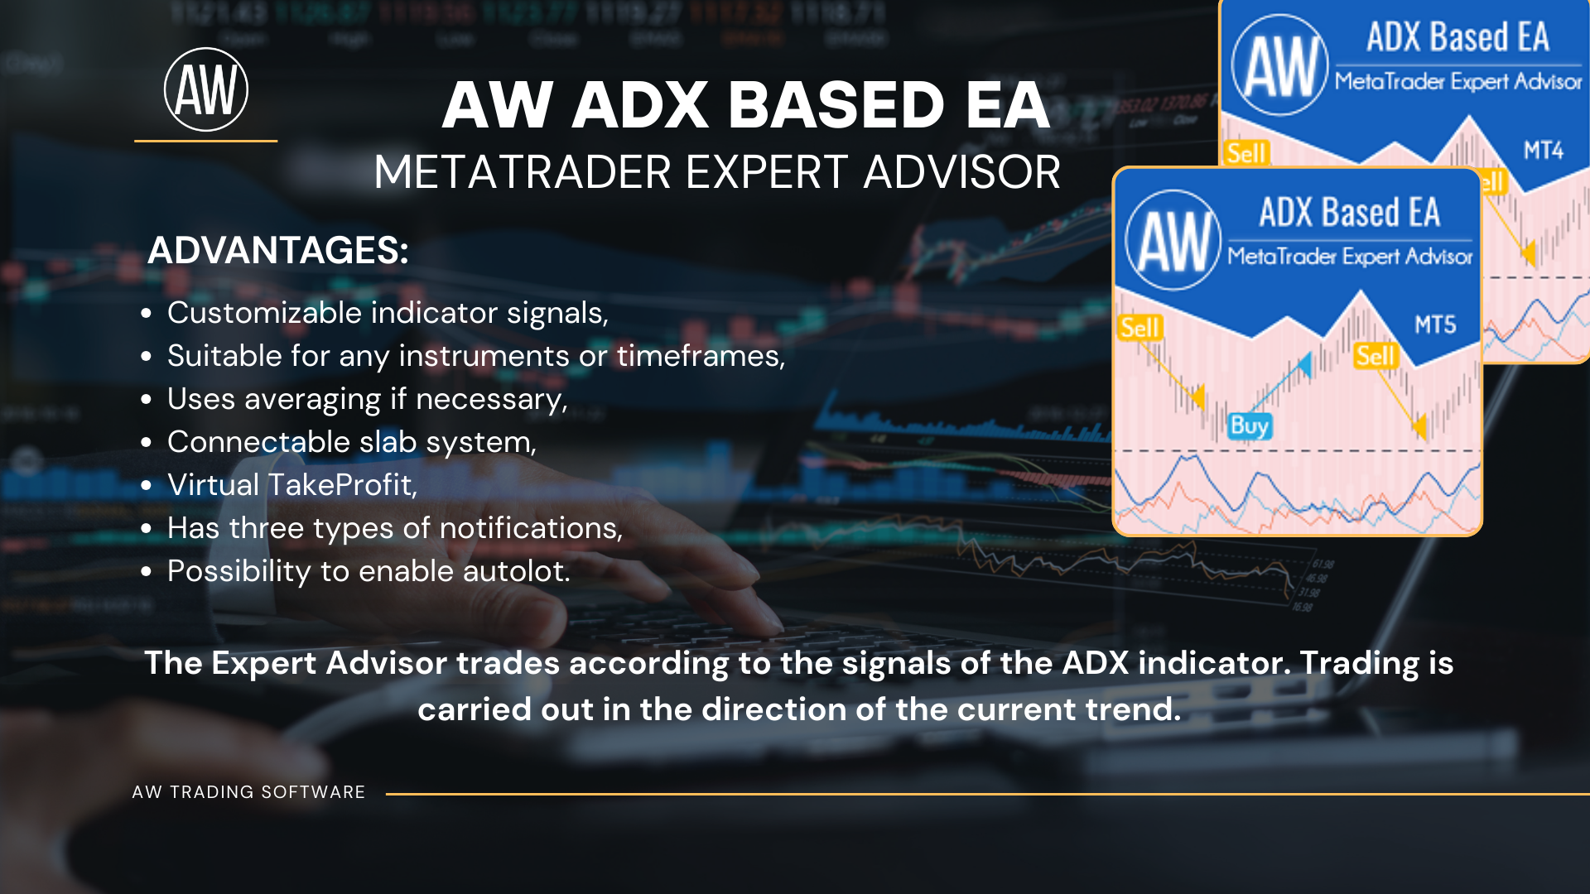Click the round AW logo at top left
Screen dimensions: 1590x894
pos(206,89)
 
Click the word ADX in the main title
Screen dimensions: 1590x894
pos(640,106)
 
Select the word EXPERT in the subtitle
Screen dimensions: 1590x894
pos(767,172)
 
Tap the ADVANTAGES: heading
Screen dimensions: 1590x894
pos(278,250)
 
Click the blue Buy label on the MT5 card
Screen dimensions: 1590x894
pos(1249,425)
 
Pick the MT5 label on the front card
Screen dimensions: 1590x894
pos(1435,324)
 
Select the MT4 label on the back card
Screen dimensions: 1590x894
pos(1543,151)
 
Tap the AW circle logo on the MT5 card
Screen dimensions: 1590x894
pos(1173,240)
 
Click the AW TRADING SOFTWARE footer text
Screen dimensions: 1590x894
pos(248,792)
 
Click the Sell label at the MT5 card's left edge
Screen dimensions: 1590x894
pos(1140,328)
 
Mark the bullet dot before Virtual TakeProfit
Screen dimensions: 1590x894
pos(147,486)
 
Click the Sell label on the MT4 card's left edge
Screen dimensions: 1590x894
pos(1246,153)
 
